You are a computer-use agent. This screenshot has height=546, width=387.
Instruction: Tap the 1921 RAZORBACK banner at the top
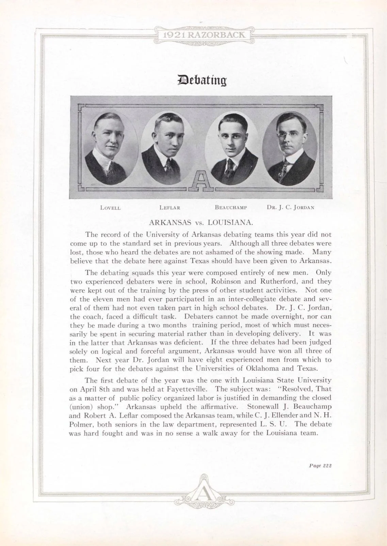[204, 35]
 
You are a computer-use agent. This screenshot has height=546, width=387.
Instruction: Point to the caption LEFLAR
[170, 208]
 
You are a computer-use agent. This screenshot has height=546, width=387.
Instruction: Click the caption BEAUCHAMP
[231, 207]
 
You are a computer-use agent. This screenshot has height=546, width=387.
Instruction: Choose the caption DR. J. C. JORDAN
[290, 207]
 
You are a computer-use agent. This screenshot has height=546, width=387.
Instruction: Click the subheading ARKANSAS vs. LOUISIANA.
[201, 223]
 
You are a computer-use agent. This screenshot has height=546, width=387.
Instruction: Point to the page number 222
[327, 466]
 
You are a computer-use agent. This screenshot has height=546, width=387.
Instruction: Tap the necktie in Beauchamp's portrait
[230, 165]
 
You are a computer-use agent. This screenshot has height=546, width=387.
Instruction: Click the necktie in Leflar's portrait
[168, 165]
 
